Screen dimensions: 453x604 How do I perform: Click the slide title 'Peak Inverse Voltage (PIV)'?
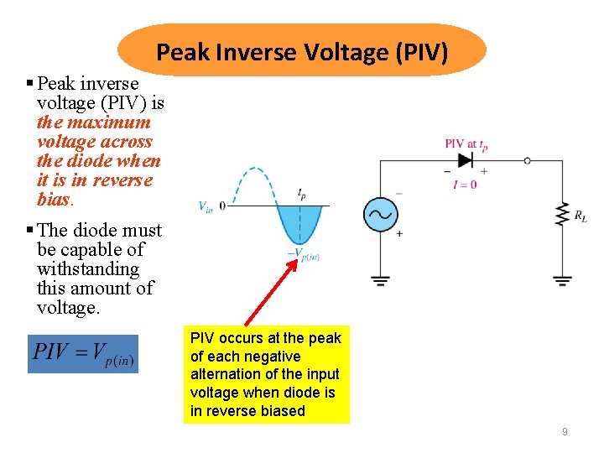(x=302, y=53)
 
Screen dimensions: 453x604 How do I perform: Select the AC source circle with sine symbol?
(x=379, y=215)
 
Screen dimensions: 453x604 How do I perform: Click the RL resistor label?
(x=581, y=216)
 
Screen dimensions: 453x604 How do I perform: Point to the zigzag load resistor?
(x=561, y=215)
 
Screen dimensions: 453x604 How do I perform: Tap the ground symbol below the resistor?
(x=561, y=279)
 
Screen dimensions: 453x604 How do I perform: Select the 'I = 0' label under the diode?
(x=464, y=184)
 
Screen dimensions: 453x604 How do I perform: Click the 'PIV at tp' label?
(x=466, y=144)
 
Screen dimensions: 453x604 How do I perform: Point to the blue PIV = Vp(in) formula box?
(x=82, y=353)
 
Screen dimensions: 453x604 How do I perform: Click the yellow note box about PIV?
(x=266, y=374)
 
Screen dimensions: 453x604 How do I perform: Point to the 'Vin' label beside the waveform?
(x=206, y=206)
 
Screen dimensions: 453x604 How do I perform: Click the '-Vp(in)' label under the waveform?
(x=304, y=253)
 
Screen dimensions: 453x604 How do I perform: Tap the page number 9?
(x=565, y=432)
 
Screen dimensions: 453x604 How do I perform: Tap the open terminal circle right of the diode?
(x=527, y=160)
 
